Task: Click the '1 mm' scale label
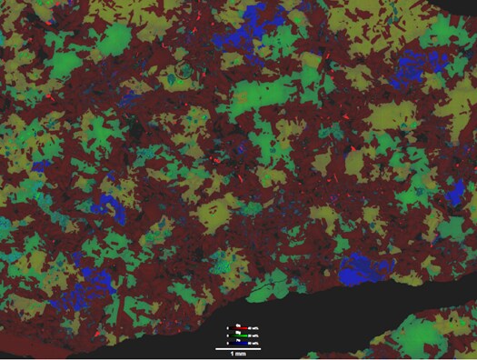(x=238, y=354)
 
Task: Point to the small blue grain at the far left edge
(x=42, y=166)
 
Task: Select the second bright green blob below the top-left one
(x=65, y=65)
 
